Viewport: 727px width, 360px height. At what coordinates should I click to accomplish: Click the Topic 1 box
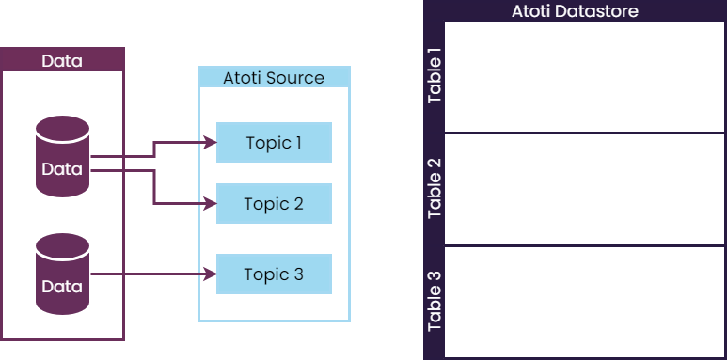point(274,143)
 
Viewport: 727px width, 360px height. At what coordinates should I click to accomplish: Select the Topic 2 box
point(274,204)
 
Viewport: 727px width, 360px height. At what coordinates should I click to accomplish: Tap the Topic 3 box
point(274,274)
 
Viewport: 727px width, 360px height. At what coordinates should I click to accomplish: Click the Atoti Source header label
point(274,78)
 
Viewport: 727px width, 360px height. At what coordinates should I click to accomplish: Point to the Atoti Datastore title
point(575,11)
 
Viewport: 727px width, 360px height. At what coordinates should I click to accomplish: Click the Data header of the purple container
point(62,61)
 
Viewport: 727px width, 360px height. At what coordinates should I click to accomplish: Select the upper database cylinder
point(62,157)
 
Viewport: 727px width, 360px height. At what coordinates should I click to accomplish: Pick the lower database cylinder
point(62,274)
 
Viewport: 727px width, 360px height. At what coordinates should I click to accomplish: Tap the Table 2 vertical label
point(435,189)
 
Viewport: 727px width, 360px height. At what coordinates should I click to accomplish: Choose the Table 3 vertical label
point(435,301)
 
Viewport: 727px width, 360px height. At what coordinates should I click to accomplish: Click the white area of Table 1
point(583,77)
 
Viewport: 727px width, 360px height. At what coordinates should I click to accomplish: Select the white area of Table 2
point(583,189)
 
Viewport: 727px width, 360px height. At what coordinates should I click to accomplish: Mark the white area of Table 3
point(583,301)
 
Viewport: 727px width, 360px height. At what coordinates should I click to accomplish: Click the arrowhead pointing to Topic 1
point(211,143)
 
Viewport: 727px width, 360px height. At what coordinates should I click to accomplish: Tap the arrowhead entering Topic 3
point(211,274)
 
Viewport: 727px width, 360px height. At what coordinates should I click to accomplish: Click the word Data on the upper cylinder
point(62,169)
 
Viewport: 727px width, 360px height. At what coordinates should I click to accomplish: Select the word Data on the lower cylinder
point(62,286)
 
